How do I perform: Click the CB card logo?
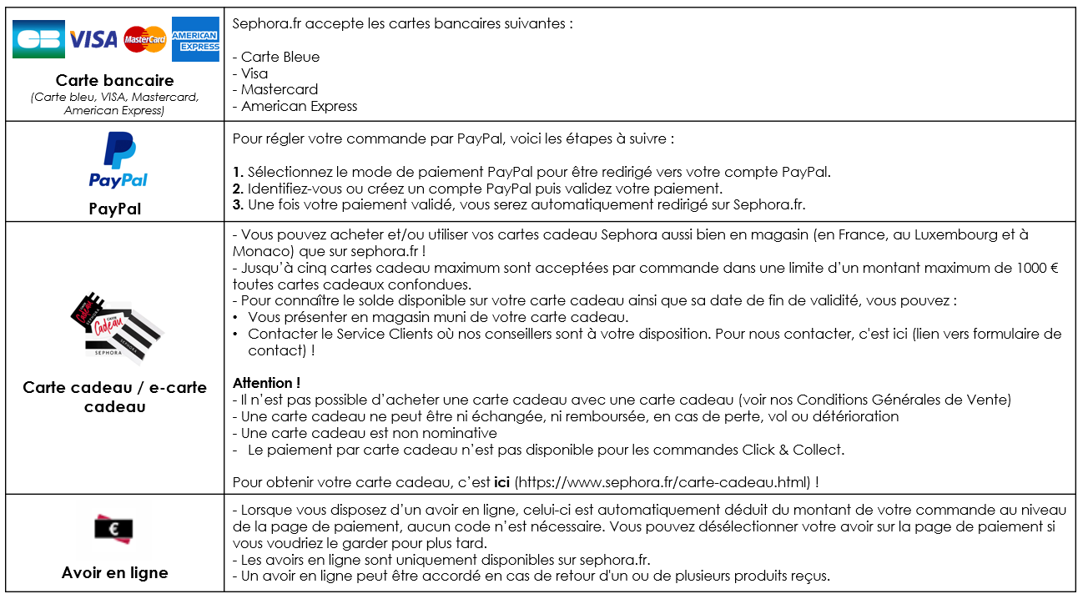(x=38, y=39)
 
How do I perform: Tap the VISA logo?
(x=93, y=39)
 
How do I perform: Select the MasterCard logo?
(x=144, y=39)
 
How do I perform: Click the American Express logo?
(x=195, y=39)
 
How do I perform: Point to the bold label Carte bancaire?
(x=114, y=81)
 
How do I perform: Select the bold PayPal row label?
(x=114, y=209)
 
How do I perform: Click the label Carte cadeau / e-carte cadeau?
(x=114, y=396)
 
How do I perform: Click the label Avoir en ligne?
(x=114, y=572)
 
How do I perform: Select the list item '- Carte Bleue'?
(x=276, y=57)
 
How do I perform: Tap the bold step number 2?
(x=238, y=189)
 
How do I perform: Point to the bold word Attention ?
(x=266, y=383)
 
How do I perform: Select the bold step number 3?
(x=238, y=204)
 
